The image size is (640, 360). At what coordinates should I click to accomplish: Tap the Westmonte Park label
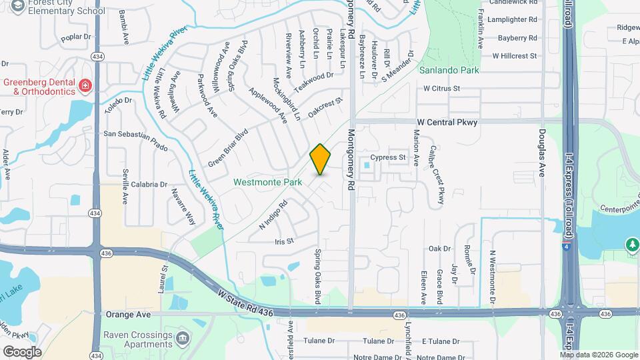(267, 182)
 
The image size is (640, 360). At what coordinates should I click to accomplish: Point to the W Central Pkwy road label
(447, 123)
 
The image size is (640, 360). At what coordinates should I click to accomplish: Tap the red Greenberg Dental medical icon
(85, 85)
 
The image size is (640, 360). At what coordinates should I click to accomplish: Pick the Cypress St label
(388, 158)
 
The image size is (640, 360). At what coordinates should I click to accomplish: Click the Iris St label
(284, 241)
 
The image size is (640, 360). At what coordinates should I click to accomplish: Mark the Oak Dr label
(439, 249)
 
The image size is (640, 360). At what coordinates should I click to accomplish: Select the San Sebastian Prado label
(135, 134)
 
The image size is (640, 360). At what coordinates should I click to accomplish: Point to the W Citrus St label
(442, 88)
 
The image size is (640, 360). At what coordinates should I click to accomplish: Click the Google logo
(22, 351)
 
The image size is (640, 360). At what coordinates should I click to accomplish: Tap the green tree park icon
(632, 245)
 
